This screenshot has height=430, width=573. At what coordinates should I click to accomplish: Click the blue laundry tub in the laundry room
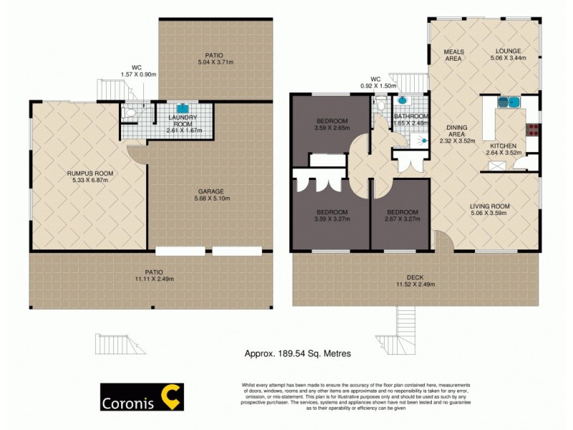click(x=171, y=109)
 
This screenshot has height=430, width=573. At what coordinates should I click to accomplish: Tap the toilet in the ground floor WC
click(x=130, y=113)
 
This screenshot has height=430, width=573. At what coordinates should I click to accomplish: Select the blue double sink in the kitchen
click(x=509, y=102)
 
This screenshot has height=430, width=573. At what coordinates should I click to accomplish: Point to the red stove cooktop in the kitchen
click(x=533, y=130)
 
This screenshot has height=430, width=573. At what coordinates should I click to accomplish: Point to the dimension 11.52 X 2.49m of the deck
click(x=415, y=285)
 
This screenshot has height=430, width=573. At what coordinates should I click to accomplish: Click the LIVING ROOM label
click(x=490, y=206)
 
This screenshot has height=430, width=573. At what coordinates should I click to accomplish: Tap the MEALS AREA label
click(x=453, y=54)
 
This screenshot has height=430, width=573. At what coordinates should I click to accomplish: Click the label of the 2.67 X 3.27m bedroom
click(x=402, y=220)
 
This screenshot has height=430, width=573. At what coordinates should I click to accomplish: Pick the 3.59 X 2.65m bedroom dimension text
click(x=332, y=128)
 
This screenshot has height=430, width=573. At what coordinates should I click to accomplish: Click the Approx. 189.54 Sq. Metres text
click(x=298, y=353)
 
